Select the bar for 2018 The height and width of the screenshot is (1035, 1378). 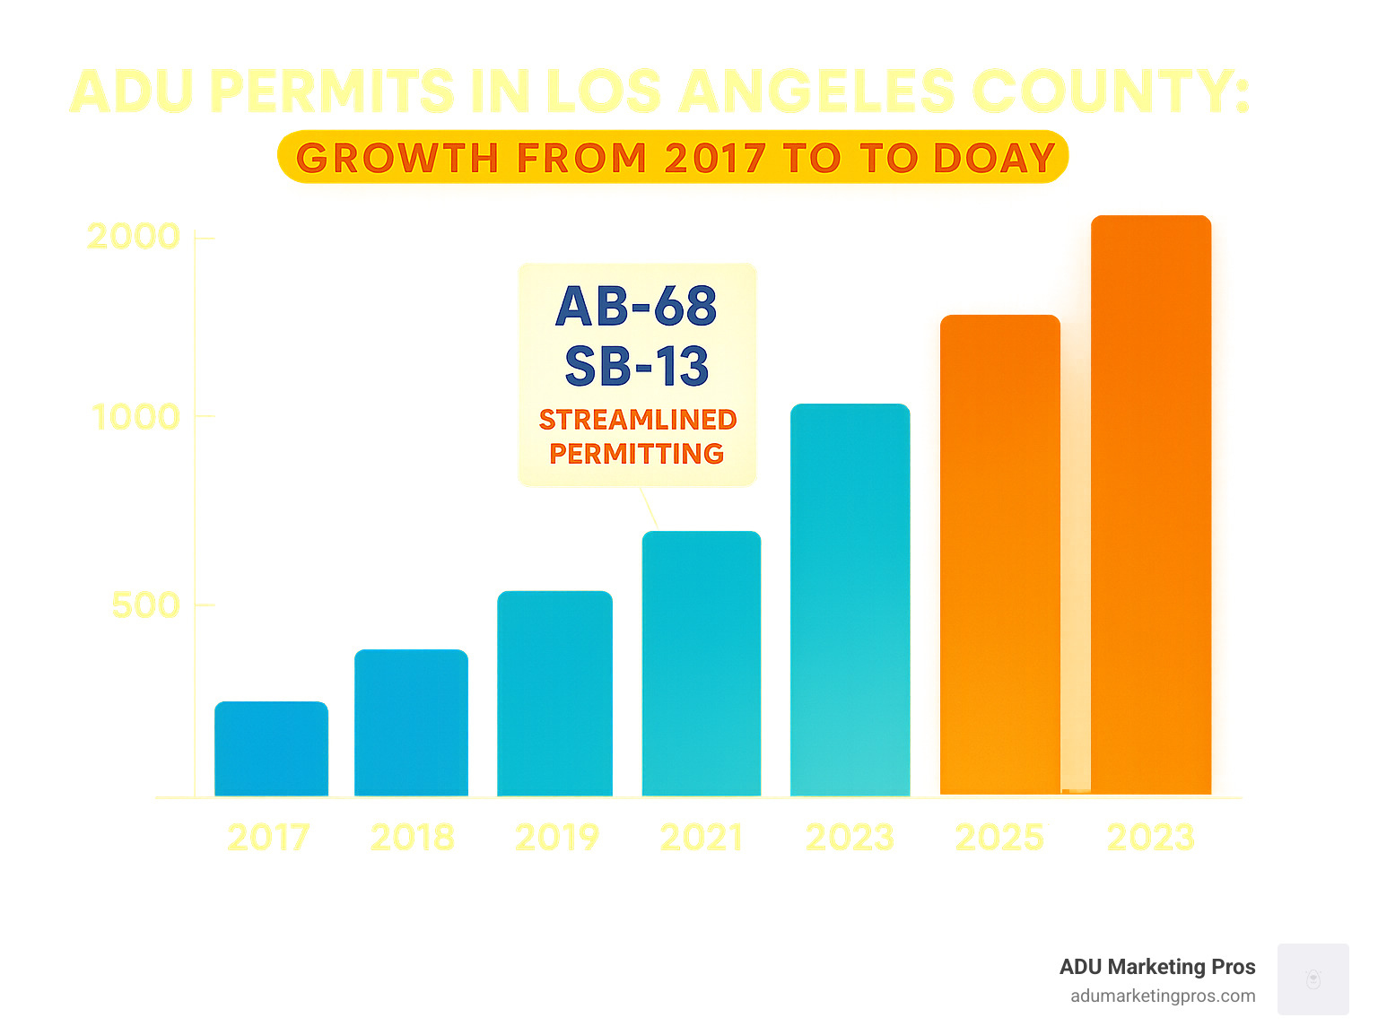(x=411, y=722)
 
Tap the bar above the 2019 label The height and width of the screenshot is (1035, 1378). (x=554, y=692)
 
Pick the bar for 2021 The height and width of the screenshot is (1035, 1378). (x=702, y=663)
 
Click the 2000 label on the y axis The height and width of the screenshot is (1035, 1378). (x=134, y=237)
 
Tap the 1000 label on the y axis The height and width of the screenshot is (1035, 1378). (x=135, y=417)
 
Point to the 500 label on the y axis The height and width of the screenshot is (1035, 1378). (x=145, y=605)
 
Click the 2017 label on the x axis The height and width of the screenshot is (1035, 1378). (x=268, y=838)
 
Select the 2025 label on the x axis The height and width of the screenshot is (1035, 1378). (x=999, y=838)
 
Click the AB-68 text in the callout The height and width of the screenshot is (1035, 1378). (x=636, y=307)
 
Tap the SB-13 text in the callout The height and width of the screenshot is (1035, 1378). (x=636, y=367)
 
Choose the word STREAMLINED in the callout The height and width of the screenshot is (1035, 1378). (x=638, y=420)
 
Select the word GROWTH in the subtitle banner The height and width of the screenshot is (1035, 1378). (x=397, y=159)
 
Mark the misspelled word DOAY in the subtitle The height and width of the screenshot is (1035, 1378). (x=994, y=159)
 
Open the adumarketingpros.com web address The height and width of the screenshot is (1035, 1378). (x=1163, y=996)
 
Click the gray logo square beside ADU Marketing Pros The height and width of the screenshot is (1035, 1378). (x=1313, y=978)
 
